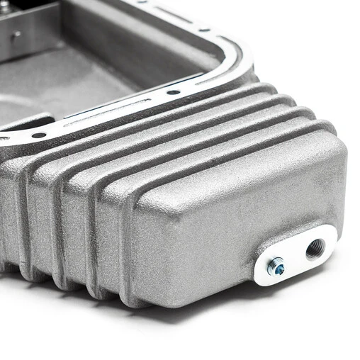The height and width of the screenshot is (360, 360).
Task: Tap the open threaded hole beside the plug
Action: (315, 248)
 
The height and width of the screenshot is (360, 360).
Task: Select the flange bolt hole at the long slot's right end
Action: (174, 91)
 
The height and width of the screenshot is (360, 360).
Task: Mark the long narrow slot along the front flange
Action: (106, 113)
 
